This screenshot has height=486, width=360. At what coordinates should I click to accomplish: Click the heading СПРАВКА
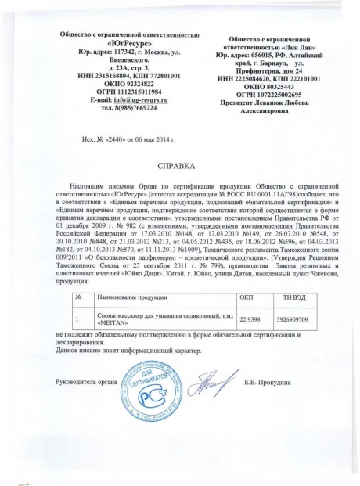coord(179,167)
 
